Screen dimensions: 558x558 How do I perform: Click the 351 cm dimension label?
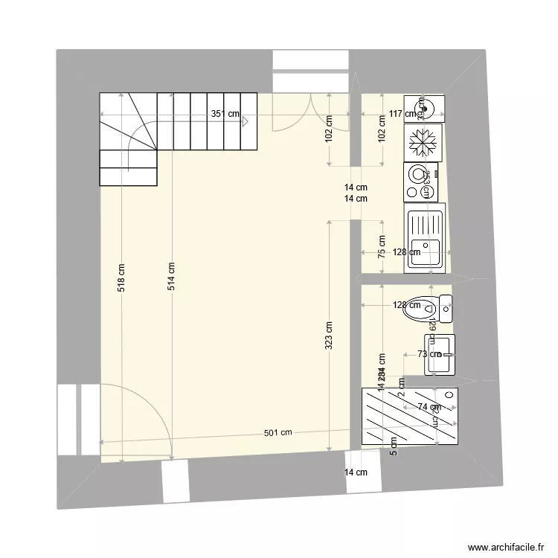[x=225, y=114]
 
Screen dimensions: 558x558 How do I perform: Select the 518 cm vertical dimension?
[x=121, y=278]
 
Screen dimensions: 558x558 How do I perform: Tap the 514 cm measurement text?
[x=171, y=276]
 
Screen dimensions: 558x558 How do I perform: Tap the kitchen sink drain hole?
[x=426, y=243]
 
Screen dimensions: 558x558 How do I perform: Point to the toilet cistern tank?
[x=446, y=308]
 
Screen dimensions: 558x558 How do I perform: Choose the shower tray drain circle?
[x=449, y=394]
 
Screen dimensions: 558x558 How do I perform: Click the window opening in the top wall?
[x=310, y=71]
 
